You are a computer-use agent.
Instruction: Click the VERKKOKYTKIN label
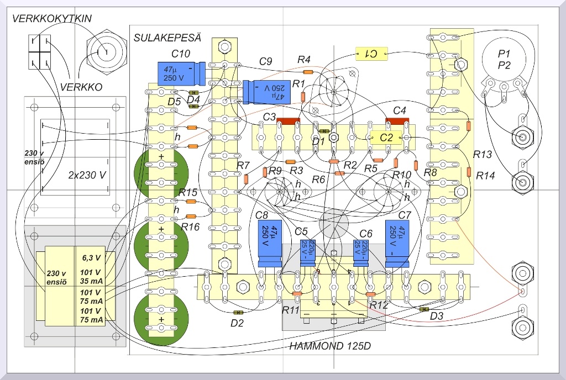[52, 19]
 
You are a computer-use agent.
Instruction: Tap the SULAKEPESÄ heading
[167, 38]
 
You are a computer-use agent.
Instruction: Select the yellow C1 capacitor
[372, 54]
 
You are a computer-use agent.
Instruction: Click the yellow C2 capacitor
[386, 138]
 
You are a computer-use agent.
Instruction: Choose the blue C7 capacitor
[397, 238]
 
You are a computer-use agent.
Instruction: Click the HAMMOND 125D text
[330, 347]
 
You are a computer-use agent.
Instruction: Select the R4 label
[304, 60]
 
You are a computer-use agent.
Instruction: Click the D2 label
[237, 323]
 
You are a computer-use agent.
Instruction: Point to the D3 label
[437, 316]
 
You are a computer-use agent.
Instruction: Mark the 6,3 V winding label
[91, 257]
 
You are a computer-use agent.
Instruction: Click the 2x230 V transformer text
[87, 176]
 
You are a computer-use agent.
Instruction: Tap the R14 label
[486, 176]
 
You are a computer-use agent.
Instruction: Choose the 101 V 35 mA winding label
[91, 276]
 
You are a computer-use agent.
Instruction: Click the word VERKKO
[81, 87]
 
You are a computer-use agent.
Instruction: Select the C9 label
[266, 62]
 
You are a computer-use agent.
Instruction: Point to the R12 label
[379, 305]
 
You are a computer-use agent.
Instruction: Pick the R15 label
[188, 192]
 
